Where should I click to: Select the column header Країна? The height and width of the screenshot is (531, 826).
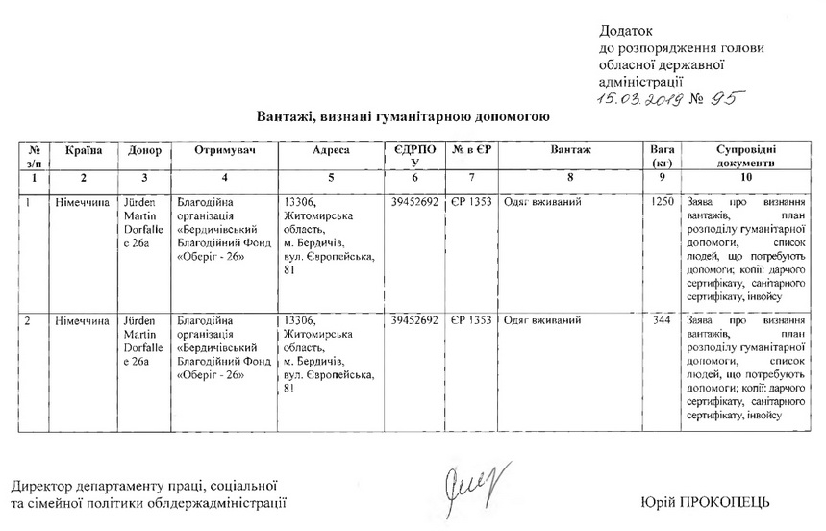point(84,150)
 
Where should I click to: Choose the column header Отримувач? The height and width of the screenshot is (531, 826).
point(223,150)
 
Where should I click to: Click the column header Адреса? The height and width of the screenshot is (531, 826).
point(330,150)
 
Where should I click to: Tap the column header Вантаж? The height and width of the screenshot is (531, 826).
point(570,150)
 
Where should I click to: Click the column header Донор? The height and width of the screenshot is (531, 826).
point(144,150)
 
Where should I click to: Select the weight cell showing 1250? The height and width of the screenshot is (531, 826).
point(662,203)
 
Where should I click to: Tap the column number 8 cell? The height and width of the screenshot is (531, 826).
point(570,178)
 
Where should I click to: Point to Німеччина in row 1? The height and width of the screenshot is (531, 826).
point(82,203)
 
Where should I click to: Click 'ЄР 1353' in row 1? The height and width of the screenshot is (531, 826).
point(471,203)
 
